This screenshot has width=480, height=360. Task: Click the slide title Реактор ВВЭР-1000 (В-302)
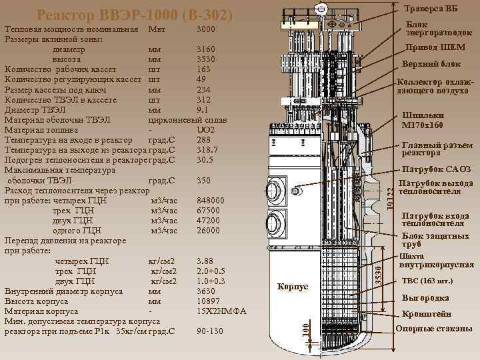point(135,15)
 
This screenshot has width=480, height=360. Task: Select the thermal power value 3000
point(206,29)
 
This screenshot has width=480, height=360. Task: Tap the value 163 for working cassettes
point(204,69)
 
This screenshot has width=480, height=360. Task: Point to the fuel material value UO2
point(206,130)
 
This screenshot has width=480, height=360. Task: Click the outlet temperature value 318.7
point(207,150)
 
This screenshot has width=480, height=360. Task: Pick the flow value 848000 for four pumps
point(211,201)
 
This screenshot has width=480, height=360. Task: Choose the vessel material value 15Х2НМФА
point(221,311)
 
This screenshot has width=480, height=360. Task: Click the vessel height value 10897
point(209,301)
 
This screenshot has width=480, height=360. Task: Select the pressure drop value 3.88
point(205,261)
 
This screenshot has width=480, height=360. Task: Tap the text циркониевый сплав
point(187,120)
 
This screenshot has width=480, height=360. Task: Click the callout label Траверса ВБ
point(431,9)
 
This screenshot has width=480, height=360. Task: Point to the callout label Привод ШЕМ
point(435,47)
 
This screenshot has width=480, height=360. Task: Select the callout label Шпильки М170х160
point(423,120)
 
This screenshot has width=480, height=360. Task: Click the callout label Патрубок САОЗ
point(437,169)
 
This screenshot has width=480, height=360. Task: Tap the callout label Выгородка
point(425,298)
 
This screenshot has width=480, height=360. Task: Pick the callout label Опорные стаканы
point(434,329)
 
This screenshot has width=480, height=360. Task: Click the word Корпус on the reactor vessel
point(293,287)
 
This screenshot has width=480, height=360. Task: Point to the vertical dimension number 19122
point(390,199)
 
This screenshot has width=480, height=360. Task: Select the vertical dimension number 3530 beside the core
point(379,277)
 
